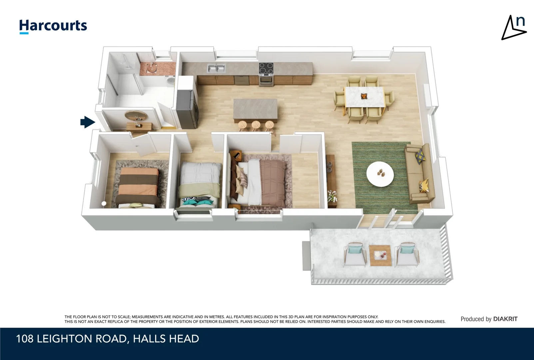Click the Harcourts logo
coord(53,26)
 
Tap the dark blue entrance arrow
coord(87,122)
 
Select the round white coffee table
coord(380,174)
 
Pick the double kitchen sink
coord(216,68)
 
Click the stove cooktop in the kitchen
coord(266,68)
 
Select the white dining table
coord(364,97)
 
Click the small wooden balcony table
coord(380,255)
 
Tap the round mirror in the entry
coord(136,116)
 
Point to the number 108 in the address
coord(25,339)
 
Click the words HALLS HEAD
coord(166,339)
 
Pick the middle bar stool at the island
coord(256,125)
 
